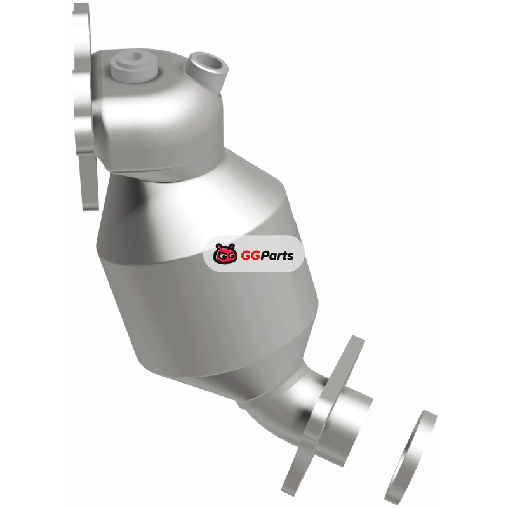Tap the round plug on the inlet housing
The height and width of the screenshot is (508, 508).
(x=134, y=69)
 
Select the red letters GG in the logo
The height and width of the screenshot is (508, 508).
(x=248, y=256)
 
